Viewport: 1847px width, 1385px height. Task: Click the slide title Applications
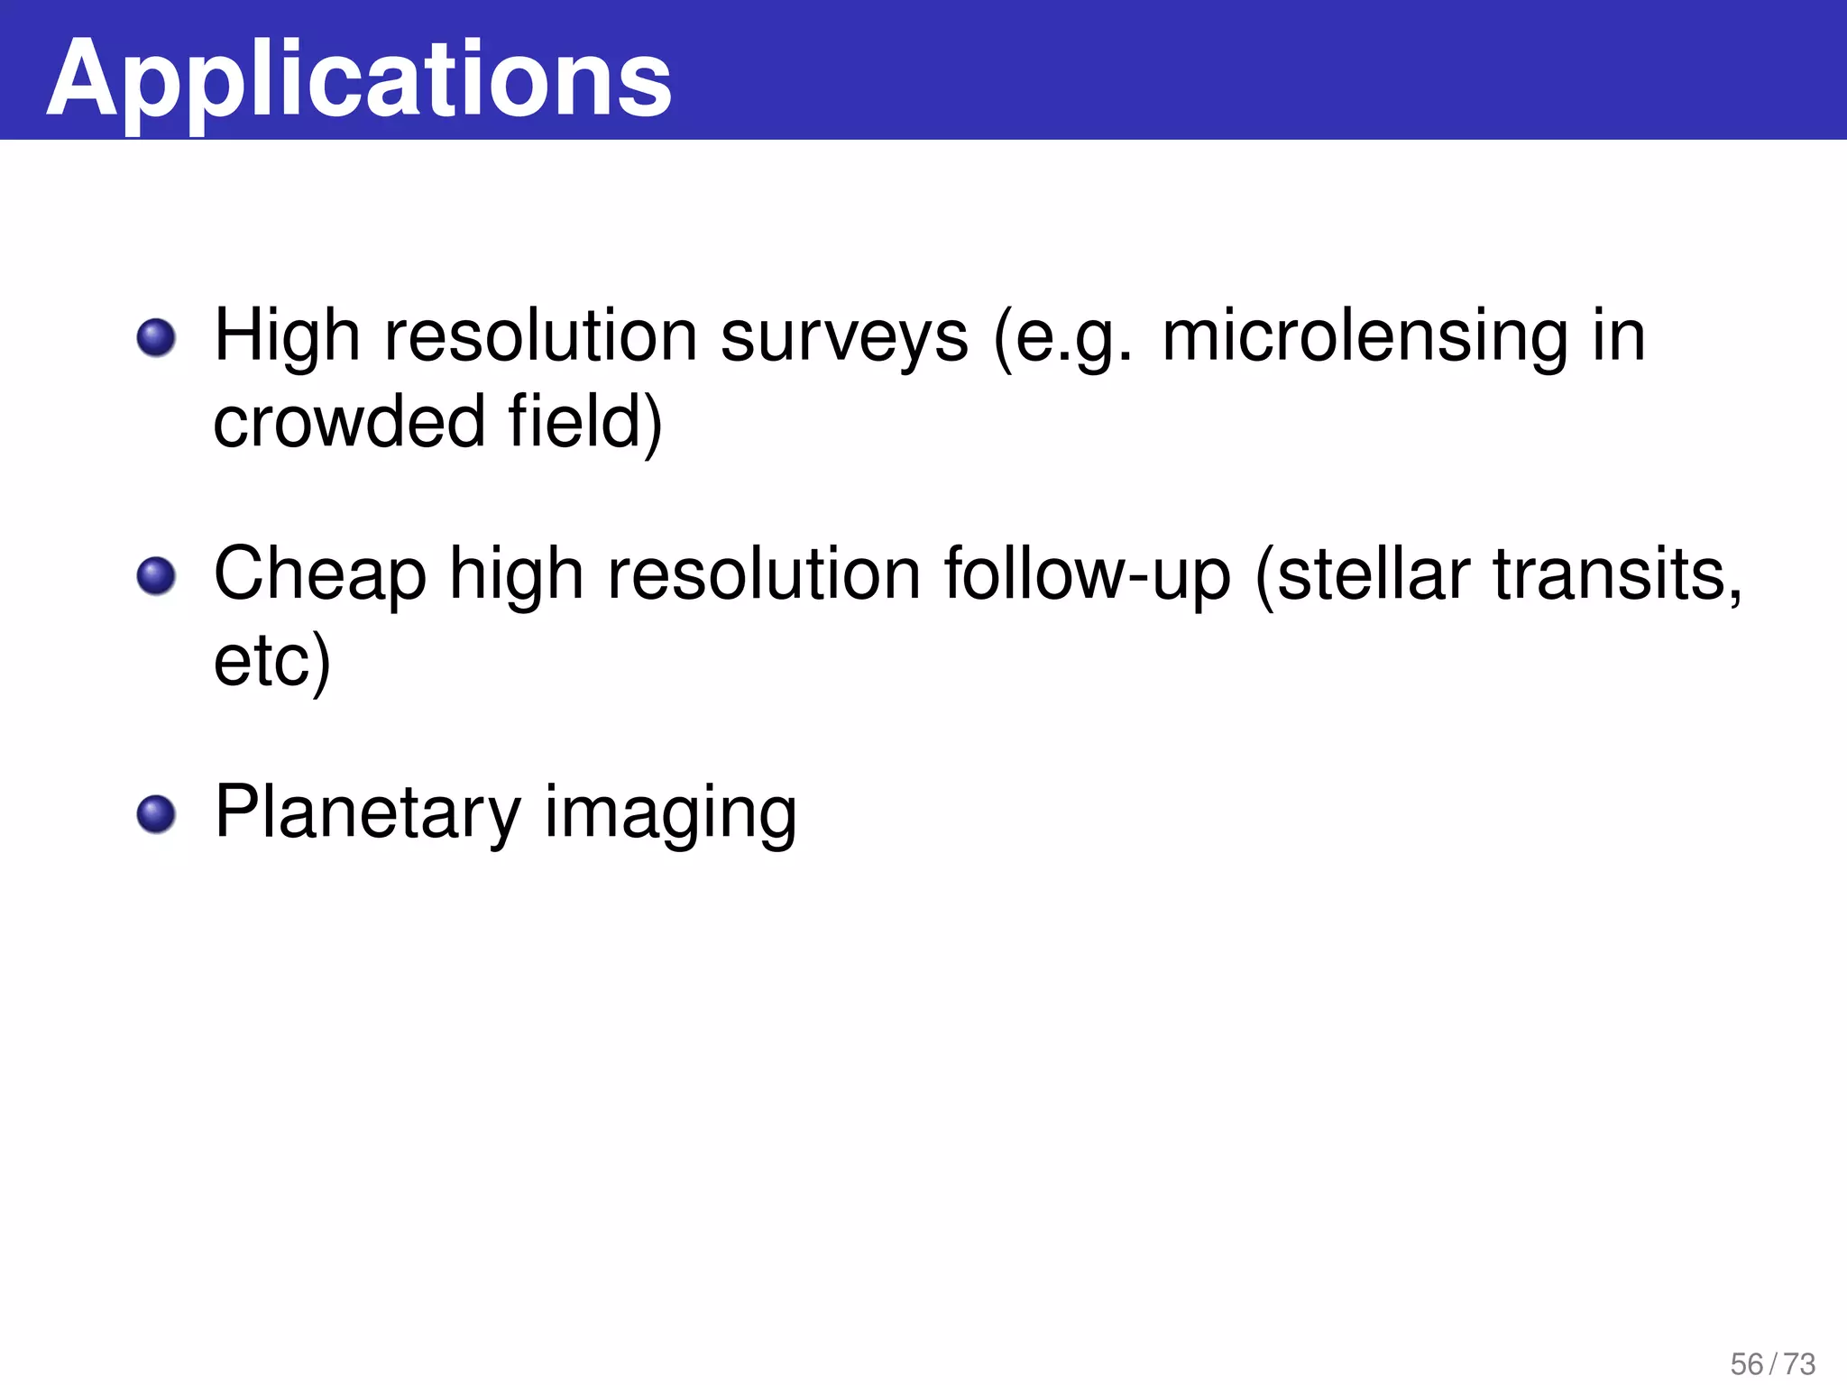tap(359, 79)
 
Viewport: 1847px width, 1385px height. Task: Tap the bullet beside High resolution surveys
tap(156, 338)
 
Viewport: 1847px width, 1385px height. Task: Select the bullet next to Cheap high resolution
tap(156, 576)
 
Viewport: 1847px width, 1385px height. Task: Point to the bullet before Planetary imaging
tap(156, 814)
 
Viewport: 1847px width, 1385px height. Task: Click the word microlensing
tap(1365, 336)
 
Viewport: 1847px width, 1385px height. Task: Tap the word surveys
tap(844, 336)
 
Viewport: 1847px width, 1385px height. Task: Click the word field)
tap(584, 421)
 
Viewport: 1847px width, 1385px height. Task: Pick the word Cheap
tap(320, 574)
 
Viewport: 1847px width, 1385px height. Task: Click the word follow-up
tap(1087, 574)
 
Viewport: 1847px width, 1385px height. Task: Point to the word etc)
tap(272, 661)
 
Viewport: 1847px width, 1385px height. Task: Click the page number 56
tap(1746, 1363)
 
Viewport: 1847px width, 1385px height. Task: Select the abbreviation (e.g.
tap(1062, 336)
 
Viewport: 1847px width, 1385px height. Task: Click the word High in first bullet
tap(288, 336)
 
